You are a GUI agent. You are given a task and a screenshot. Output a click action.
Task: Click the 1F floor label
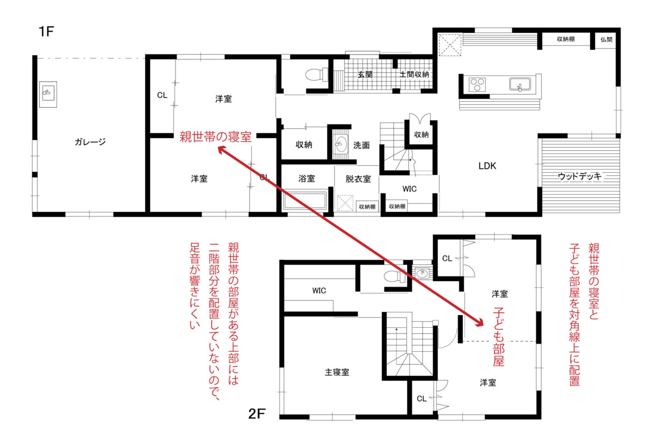[x=47, y=32]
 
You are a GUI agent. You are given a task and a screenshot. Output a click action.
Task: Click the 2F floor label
[x=257, y=414]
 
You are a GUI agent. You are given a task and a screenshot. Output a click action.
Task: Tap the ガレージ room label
[x=90, y=142]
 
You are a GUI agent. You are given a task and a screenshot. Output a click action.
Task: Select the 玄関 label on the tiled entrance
[x=365, y=74]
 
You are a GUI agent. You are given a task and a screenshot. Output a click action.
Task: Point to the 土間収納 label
[x=414, y=74]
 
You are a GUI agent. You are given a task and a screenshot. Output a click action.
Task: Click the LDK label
[x=487, y=166]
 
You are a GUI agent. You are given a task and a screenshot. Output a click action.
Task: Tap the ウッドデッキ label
[x=580, y=176]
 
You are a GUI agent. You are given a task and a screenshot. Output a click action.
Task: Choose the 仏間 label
[x=606, y=39]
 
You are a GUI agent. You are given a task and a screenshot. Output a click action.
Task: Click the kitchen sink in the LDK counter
[x=520, y=85]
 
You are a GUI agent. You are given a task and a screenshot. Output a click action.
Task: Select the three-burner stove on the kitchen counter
[x=477, y=85]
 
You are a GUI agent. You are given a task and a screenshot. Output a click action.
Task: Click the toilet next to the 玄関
[x=316, y=75]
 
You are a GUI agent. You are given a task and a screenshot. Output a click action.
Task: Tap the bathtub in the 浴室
[x=305, y=200]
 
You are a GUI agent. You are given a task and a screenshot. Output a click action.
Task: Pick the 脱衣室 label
[x=358, y=179]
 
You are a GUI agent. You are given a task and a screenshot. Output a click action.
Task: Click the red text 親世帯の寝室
[x=215, y=137]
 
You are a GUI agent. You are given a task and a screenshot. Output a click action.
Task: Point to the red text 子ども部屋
[x=499, y=337]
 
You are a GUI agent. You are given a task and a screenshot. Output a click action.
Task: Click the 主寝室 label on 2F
[x=337, y=372]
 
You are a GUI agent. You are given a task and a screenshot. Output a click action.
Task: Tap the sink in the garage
[x=48, y=94]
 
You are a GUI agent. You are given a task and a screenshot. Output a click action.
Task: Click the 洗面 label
[x=361, y=145]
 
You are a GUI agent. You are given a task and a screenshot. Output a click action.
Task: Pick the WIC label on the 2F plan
[x=319, y=291]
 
